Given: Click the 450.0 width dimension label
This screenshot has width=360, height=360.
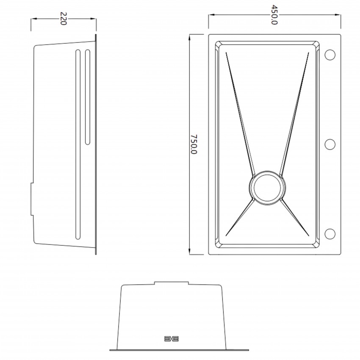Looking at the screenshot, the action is click(x=274, y=15).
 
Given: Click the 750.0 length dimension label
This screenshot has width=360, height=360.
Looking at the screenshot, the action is click(x=194, y=144).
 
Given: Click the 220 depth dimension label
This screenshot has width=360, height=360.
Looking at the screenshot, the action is click(x=63, y=18).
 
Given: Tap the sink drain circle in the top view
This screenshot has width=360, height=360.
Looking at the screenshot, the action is click(x=267, y=188).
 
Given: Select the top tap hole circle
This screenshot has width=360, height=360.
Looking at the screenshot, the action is click(x=330, y=55).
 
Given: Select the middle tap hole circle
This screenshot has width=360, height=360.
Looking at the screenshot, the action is click(x=330, y=144).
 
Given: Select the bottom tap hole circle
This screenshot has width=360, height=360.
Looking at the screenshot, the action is click(x=330, y=234).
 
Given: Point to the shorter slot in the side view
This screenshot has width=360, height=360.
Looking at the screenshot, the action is click(x=88, y=97).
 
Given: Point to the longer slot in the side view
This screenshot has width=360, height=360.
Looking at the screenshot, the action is click(x=78, y=144).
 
